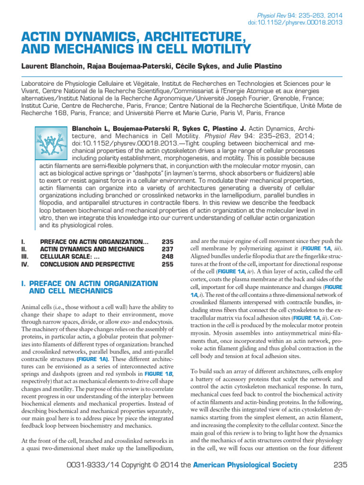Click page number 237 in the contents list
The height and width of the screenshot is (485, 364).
coord(167,249)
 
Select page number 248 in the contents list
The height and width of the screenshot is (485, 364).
coord(167,256)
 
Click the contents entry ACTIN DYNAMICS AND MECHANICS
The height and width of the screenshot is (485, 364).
coord(92,249)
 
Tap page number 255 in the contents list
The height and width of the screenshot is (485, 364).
coord(167,264)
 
